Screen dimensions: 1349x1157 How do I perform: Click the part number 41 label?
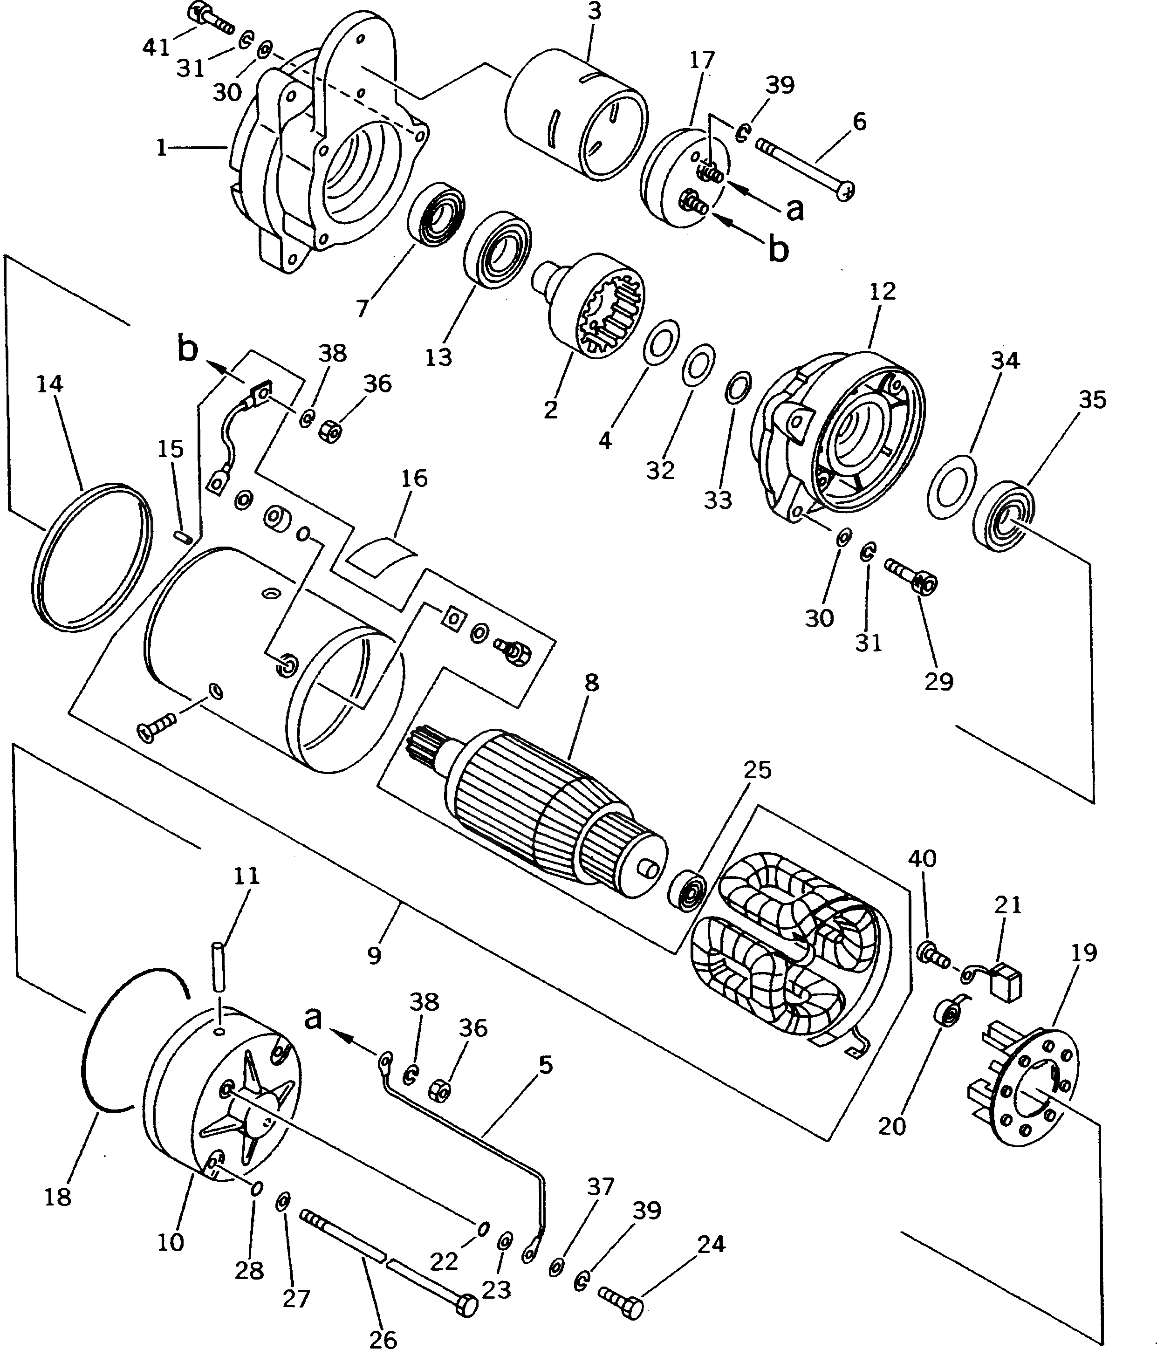pos(156,47)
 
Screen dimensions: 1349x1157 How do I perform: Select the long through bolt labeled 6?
pos(805,167)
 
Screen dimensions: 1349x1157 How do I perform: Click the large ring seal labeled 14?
pos(91,557)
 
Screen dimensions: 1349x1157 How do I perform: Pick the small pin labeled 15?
pos(184,535)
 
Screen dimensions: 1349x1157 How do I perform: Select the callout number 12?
pos(882,291)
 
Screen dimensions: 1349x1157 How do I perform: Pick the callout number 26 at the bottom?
pos(383,1336)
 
